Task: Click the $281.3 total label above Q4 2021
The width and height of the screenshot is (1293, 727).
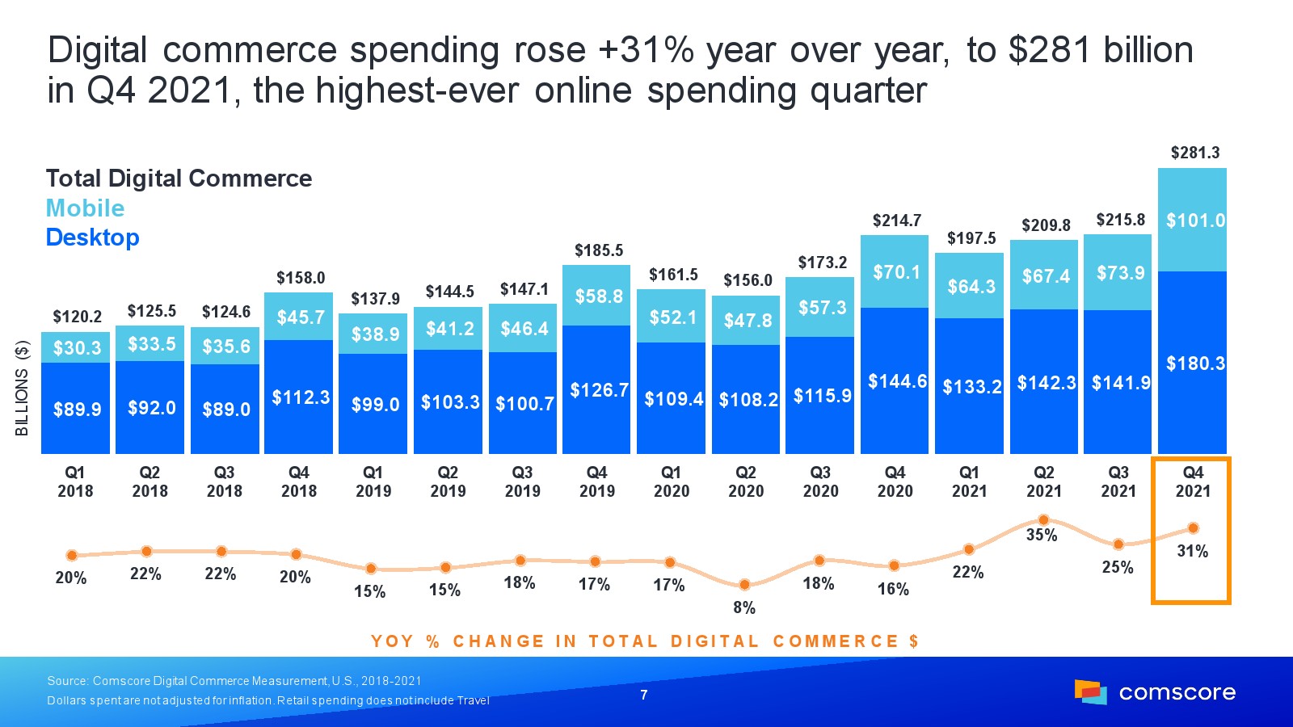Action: (1195, 153)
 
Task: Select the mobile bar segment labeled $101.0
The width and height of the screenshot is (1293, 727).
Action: (1193, 220)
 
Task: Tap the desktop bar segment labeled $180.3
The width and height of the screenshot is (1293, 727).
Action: (1193, 363)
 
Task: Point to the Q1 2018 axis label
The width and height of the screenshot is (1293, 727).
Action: (75, 481)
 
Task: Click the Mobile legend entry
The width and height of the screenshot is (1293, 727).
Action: (85, 208)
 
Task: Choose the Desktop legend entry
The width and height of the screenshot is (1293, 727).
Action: (92, 237)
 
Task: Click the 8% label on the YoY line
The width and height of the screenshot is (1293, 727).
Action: (744, 607)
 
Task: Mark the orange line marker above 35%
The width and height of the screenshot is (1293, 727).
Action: (1043, 519)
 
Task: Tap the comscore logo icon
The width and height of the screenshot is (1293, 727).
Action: (1090, 691)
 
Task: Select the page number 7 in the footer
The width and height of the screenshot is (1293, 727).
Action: (644, 695)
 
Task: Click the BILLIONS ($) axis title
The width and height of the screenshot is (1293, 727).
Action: (23, 388)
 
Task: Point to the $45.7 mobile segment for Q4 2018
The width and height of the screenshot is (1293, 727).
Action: (300, 317)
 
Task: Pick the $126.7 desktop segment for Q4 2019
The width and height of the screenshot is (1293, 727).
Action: (598, 390)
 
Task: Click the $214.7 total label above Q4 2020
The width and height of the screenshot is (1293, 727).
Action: (896, 221)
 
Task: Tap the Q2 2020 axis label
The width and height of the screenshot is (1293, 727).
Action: (746, 481)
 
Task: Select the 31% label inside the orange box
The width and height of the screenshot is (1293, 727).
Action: (1192, 551)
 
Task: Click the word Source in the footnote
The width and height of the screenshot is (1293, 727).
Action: (66, 681)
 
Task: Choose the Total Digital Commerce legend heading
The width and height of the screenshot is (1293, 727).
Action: (179, 179)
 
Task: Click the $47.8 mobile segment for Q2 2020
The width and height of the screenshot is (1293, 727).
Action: (747, 321)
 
